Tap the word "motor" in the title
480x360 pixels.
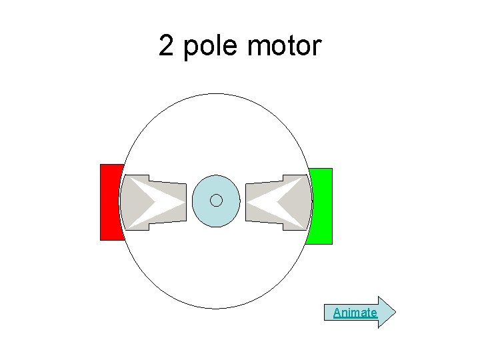[283, 47]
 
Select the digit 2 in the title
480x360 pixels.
[167, 47]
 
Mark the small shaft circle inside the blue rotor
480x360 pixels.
[215, 201]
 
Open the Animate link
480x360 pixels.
[355, 312]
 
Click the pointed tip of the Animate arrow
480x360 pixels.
[395, 312]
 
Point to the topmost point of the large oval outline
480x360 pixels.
[215, 93]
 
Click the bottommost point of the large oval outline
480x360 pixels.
[215, 308]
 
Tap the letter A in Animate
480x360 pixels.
[337, 312]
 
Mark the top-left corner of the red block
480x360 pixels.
[101, 165]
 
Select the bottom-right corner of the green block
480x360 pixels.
[331, 244]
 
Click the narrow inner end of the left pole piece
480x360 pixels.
[185, 201]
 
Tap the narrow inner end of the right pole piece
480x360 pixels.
[247, 202]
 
